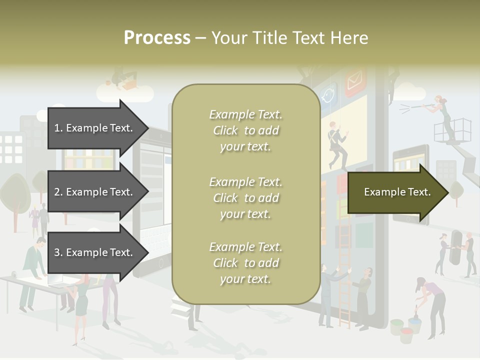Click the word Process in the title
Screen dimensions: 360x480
point(157,38)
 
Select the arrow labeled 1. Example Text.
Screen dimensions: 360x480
point(95,128)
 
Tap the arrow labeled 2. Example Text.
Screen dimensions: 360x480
point(95,192)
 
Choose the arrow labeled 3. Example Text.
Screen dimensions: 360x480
point(95,252)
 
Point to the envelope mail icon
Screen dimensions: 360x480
point(355,80)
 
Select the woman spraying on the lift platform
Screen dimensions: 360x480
point(442,115)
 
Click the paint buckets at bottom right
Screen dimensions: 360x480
point(407,327)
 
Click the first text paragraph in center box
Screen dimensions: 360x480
point(245,130)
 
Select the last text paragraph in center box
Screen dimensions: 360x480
point(245,263)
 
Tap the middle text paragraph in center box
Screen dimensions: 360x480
point(245,198)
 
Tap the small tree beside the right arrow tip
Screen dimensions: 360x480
point(456,192)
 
